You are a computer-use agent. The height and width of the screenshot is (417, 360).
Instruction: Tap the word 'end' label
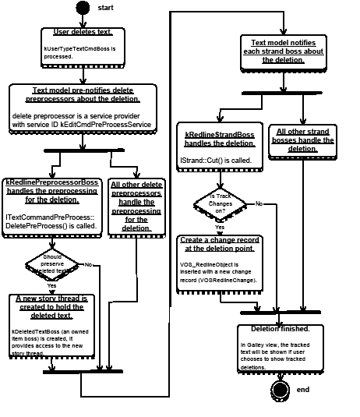pyautogui.click(x=303, y=389)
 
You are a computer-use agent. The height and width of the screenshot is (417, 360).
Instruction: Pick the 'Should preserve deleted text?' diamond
pyautogui.click(x=51, y=263)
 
